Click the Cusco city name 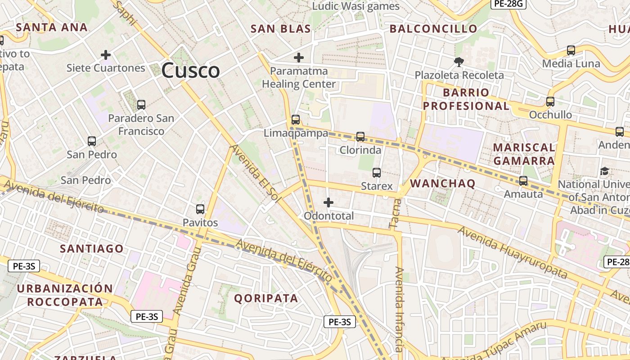click(190, 71)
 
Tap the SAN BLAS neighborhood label click(280, 29)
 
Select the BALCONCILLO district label click(433, 29)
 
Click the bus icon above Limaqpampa click(296, 120)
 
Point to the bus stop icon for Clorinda click(360, 137)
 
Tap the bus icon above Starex click(377, 172)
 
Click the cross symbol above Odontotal click(328, 202)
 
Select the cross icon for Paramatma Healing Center click(298, 58)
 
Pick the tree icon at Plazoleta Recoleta click(459, 62)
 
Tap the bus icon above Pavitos click(200, 209)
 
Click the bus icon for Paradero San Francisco click(141, 105)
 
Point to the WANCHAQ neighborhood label click(443, 183)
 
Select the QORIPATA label click(266, 298)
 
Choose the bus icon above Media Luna click(571, 50)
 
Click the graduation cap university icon click(604, 171)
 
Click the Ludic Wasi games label click(355, 6)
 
